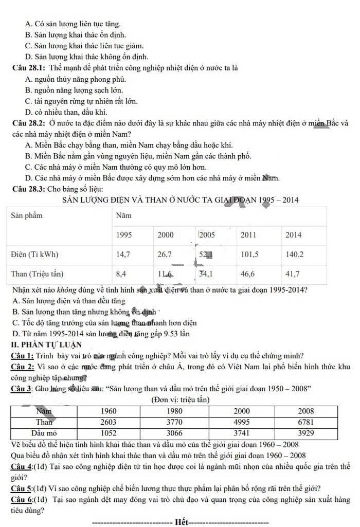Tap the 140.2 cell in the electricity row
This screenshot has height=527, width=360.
[295, 254]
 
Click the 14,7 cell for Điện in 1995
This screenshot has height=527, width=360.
[123, 254]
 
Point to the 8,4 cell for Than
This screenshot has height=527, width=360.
[121, 274]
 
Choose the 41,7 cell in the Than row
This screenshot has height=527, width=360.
[293, 274]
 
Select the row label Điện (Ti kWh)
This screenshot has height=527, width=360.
[35, 254]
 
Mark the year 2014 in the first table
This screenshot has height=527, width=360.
[294, 234]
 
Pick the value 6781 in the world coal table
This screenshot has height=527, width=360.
[305, 422]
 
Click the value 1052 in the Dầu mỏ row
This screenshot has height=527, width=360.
[109, 433]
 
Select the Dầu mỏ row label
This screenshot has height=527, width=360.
[44, 433]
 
